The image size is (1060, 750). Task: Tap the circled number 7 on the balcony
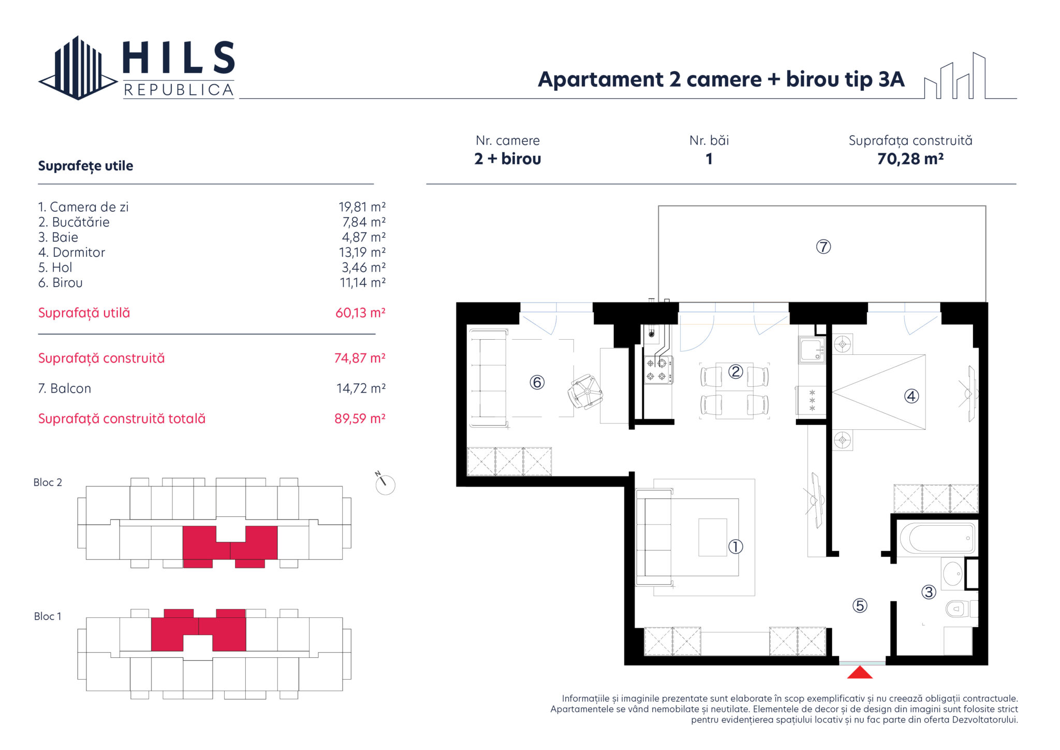pyautogui.click(x=823, y=247)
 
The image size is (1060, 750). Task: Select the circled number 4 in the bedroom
pyautogui.click(x=911, y=396)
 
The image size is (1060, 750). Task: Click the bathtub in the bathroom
pyautogui.click(x=937, y=539)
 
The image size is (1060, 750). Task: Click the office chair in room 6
pyautogui.click(x=585, y=392)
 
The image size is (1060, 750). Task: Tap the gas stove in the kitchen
pyautogui.click(x=658, y=370)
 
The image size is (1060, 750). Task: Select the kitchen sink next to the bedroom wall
pyautogui.click(x=812, y=350)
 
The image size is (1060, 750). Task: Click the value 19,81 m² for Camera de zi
pyautogui.click(x=362, y=207)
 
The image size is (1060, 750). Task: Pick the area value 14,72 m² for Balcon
pyautogui.click(x=361, y=388)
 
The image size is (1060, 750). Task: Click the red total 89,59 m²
pyautogui.click(x=360, y=419)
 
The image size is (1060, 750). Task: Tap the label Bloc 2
pyautogui.click(x=48, y=482)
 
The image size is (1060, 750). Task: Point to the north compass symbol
pyautogui.click(x=385, y=484)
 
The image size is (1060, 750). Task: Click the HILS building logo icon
pyautogui.click(x=78, y=68)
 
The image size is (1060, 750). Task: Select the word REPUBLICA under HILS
pyautogui.click(x=179, y=90)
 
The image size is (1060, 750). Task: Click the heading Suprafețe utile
pyautogui.click(x=85, y=166)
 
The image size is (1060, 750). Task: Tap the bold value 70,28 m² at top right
pyautogui.click(x=910, y=158)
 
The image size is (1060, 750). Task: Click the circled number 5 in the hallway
pyautogui.click(x=860, y=605)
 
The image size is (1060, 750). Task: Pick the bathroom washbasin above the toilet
pyautogui.click(x=952, y=574)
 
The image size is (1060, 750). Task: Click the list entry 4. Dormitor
pyautogui.click(x=71, y=252)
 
